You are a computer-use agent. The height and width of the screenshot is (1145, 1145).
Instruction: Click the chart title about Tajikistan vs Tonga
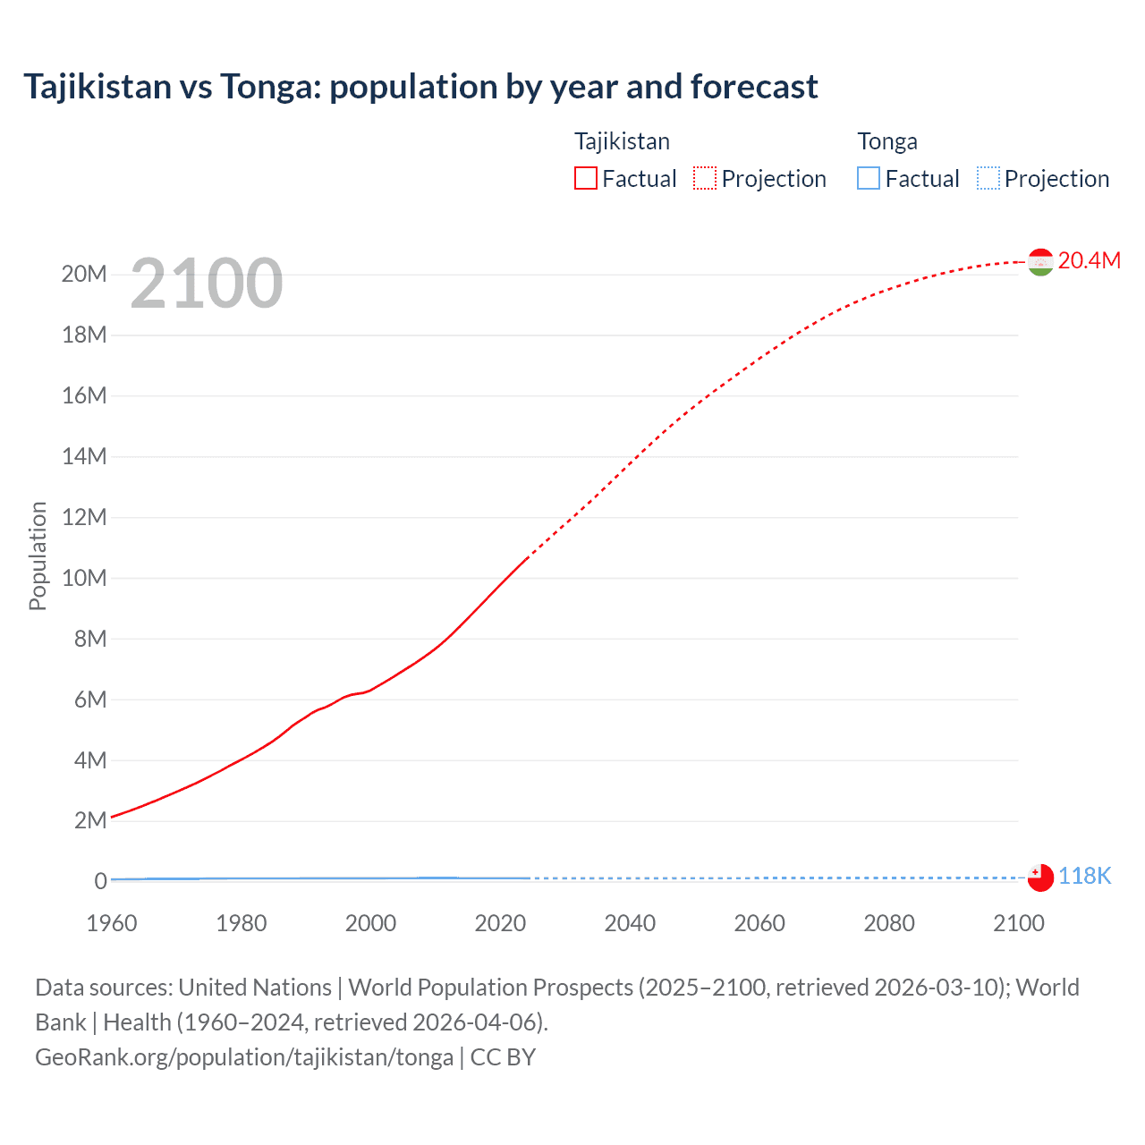click(x=420, y=87)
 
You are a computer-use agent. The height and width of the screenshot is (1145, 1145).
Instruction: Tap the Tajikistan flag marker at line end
click(x=1040, y=262)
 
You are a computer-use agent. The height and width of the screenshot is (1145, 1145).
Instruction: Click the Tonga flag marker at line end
click(x=1040, y=878)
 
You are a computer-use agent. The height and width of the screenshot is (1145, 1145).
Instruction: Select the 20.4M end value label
click(x=1089, y=260)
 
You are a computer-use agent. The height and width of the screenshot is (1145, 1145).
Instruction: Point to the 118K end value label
click(x=1084, y=877)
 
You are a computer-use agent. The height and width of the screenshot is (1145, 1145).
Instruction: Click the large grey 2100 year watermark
click(x=207, y=284)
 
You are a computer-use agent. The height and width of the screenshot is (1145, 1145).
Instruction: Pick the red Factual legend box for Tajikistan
click(x=586, y=179)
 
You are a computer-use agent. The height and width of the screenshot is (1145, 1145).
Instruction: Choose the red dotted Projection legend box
click(x=705, y=179)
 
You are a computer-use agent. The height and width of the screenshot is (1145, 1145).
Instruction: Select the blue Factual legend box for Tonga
click(x=869, y=179)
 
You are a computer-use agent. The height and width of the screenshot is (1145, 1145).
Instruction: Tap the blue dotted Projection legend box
click(x=988, y=179)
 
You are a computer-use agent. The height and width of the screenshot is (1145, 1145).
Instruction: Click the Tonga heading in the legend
click(x=887, y=141)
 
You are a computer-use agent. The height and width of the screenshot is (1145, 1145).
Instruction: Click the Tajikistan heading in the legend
click(x=622, y=141)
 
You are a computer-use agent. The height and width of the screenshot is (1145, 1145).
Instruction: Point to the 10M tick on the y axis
click(x=84, y=578)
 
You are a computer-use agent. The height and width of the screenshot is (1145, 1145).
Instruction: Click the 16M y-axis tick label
click(x=84, y=395)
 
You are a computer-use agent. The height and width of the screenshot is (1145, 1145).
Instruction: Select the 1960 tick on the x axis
click(x=112, y=923)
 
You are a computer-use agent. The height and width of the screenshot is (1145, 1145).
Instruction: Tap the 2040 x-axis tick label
click(x=630, y=923)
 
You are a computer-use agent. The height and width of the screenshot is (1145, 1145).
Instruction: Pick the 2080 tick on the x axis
click(x=889, y=923)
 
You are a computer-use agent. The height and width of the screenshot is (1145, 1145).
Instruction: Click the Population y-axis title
click(x=38, y=556)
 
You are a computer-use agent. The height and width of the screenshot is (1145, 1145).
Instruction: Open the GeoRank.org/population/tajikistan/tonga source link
click(x=244, y=1057)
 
